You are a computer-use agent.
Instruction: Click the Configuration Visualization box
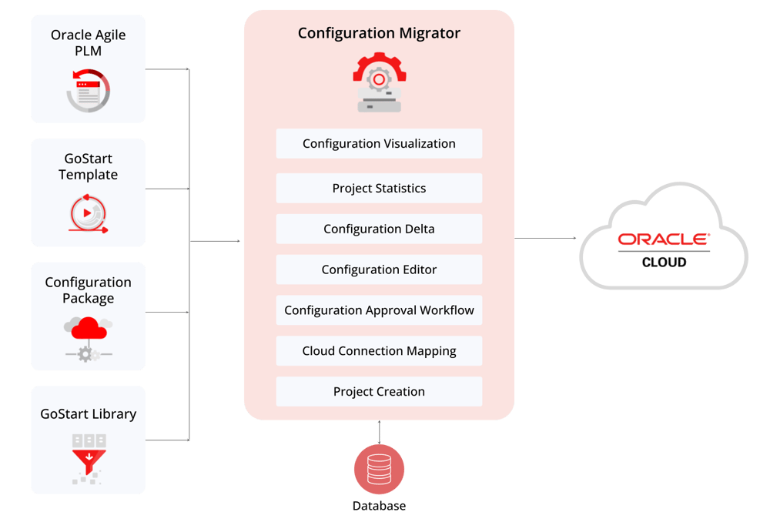pos(379,144)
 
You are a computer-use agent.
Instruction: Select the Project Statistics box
pos(379,189)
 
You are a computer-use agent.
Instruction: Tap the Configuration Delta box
pos(379,229)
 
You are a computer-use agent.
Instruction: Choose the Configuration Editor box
pos(379,270)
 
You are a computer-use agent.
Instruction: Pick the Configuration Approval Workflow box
pos(379,310)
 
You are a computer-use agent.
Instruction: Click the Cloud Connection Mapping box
pos(379,351)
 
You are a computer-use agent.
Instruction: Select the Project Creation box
pos(379,392)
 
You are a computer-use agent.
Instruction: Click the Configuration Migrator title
pos(379,33)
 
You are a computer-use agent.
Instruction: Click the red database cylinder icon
pos(379,470)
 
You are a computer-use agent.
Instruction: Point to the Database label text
pos(379,506)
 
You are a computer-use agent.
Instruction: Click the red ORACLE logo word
pos(663,239)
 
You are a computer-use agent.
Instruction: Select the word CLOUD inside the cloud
pos(664,263)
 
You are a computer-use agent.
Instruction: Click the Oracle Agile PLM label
pos(88,42)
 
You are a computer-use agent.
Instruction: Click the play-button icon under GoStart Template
pos(88,214)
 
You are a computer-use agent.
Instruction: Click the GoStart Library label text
pos(88,414)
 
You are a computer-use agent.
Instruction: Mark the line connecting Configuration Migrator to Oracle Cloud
pos(547,239)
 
